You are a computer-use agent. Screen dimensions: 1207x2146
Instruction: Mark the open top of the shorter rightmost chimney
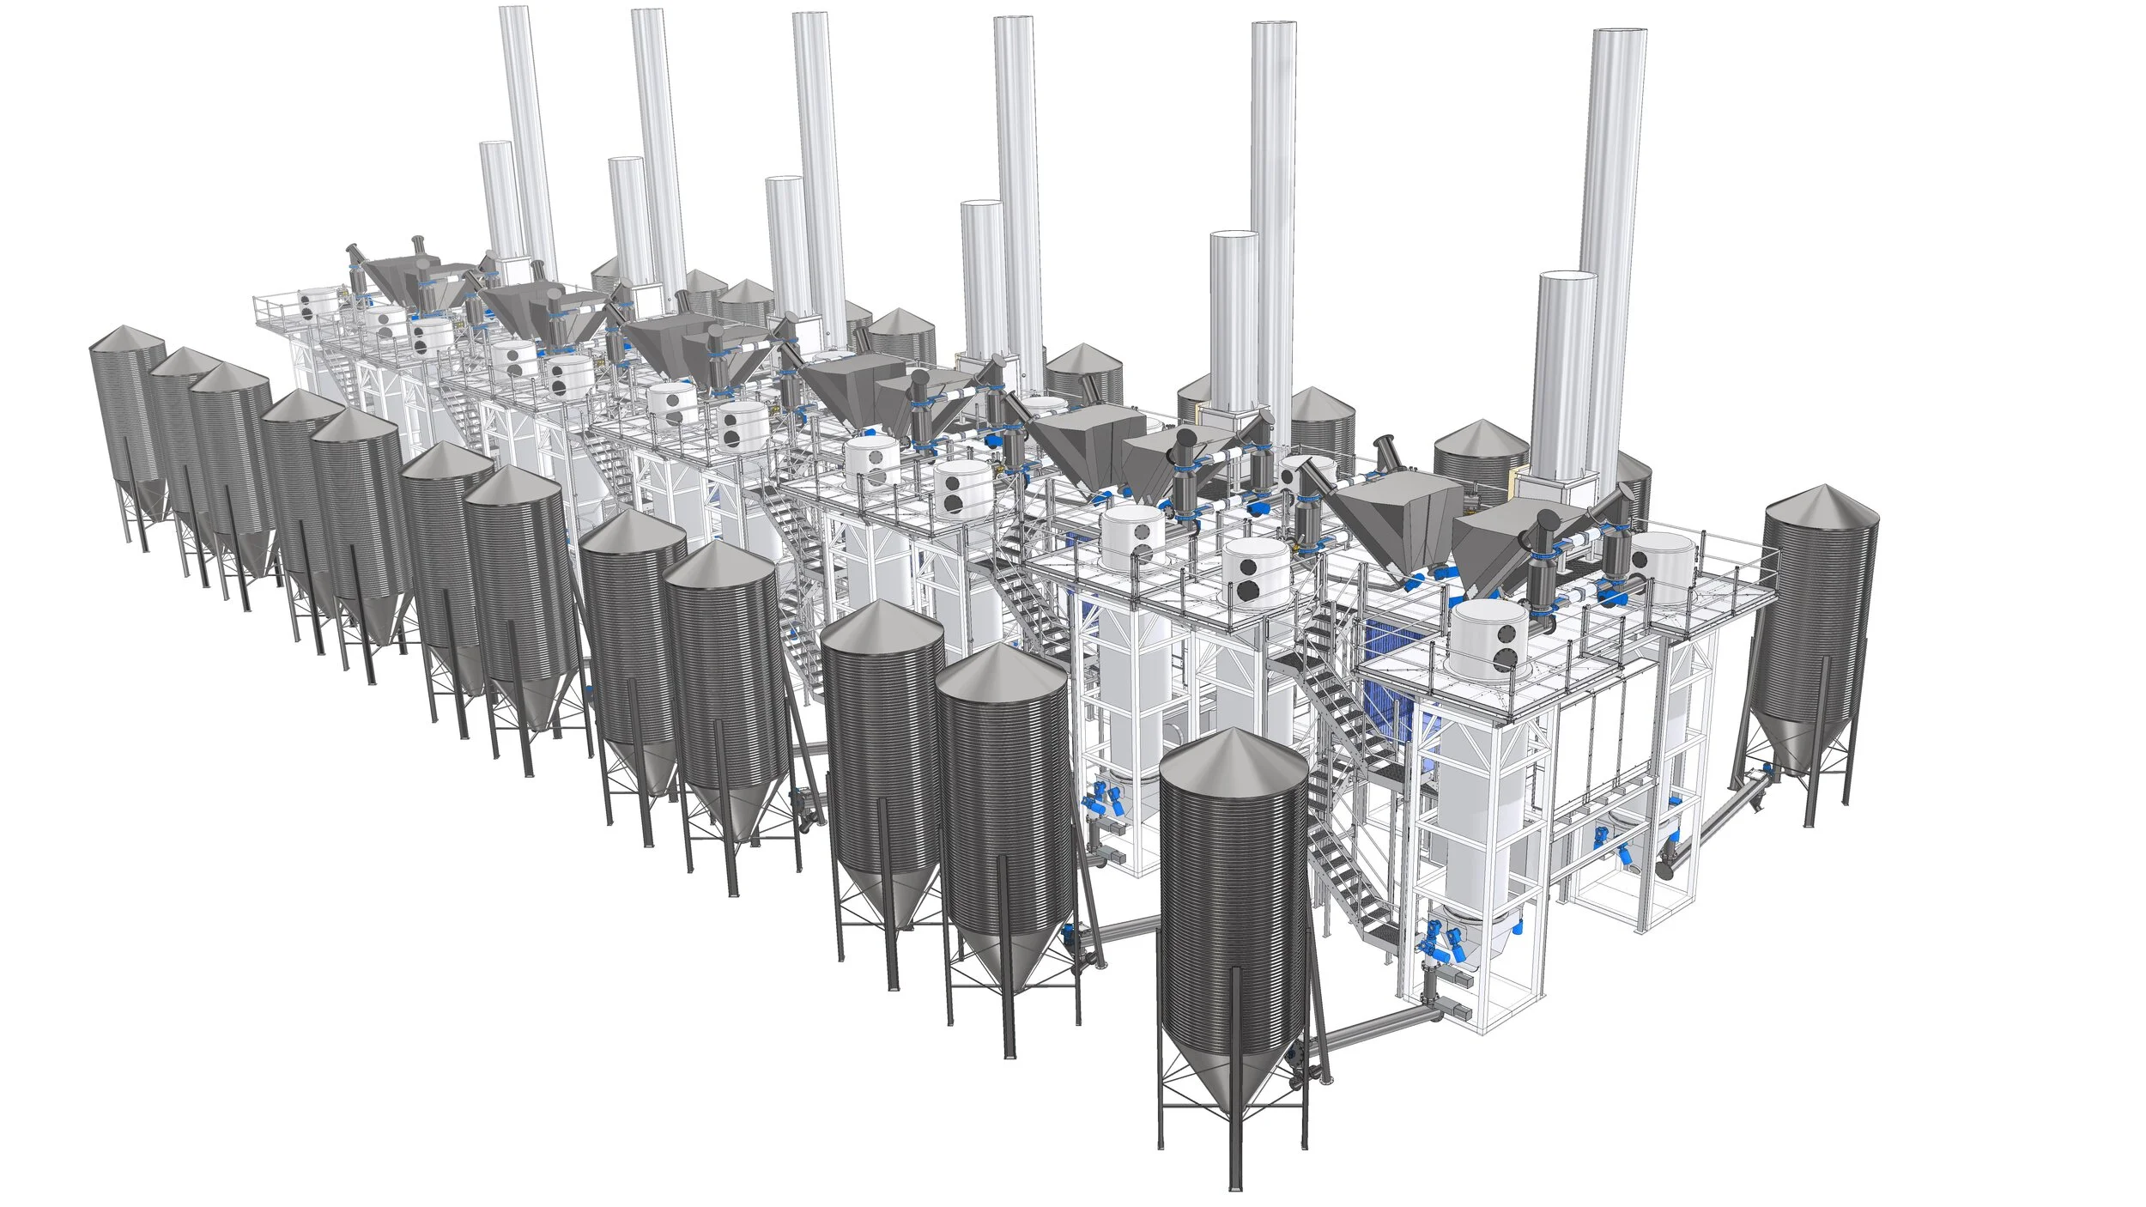point(1567,276)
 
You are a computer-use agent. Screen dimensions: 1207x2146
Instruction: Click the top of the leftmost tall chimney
point(518,10)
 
